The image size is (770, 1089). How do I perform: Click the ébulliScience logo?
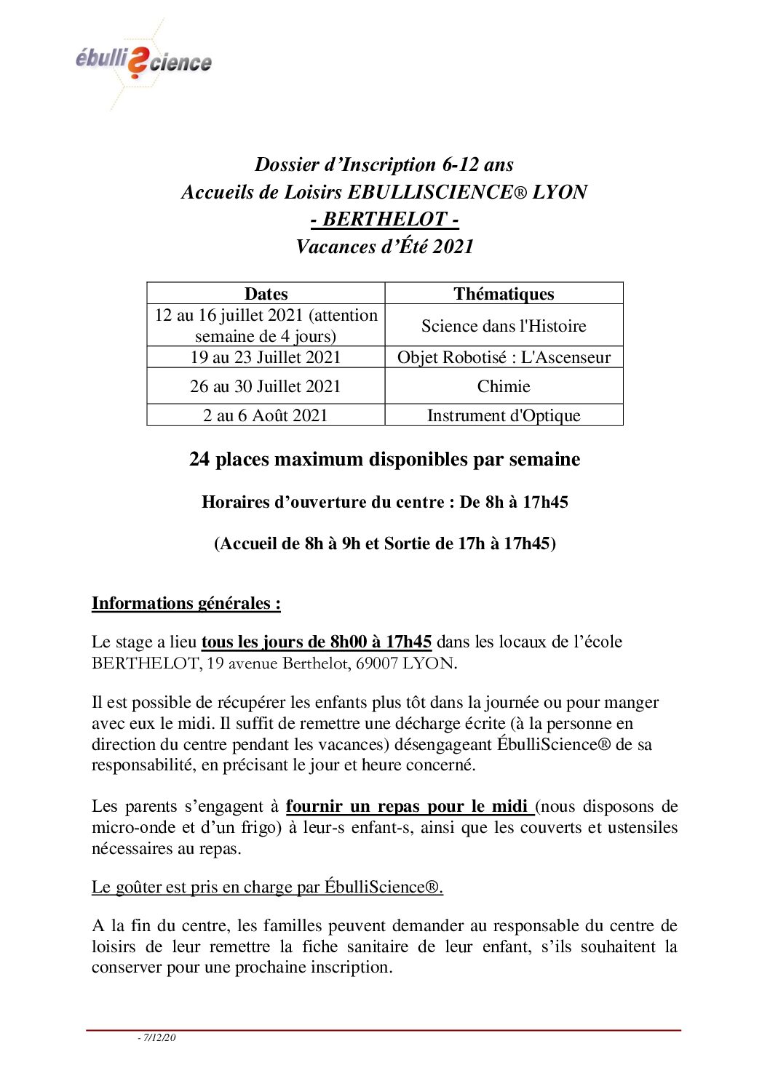(x=143, y=62)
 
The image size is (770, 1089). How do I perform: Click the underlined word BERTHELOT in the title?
(x=384, y=219)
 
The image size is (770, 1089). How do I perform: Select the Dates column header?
(x=266, y=293)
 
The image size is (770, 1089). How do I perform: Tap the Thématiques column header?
(x=504, y=293)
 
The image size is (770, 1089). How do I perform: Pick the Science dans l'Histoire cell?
(x=504, y=325)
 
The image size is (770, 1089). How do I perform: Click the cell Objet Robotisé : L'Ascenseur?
(x=504, y=357)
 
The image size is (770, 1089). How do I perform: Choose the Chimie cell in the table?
(x=504, y=386)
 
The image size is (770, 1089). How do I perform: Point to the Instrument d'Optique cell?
(x=504, y=415)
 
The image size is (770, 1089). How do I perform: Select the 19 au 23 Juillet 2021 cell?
(x=266, y=357)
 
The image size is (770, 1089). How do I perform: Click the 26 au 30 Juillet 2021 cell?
(x=266, y=386)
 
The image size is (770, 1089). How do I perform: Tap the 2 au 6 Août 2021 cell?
(x=266, y=415)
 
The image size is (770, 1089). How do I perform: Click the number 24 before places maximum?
(x=199, y=460)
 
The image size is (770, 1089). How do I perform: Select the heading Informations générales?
(x=186, y=603)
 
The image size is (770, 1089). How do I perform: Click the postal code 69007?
(x=376, y=663)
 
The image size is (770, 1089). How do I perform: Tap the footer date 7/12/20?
(x=159, y=1037)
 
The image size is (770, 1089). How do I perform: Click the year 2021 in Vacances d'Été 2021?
(x=453, y=247)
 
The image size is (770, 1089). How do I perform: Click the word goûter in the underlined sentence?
(x=137, y=887)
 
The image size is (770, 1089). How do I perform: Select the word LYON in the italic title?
(x=560, y=192)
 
